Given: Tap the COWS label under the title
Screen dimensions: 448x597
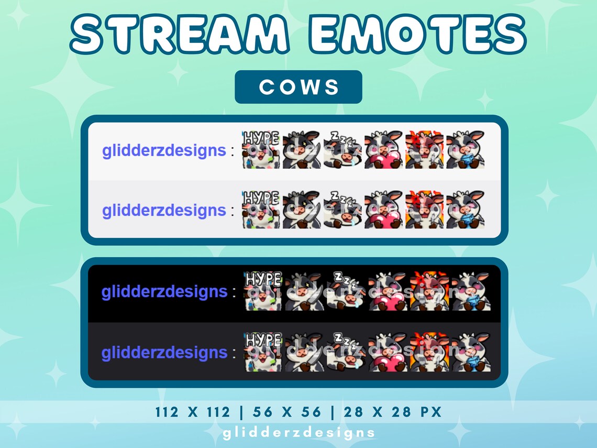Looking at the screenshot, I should [298, 87].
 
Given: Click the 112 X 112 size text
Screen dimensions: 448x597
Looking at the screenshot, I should [192, 412].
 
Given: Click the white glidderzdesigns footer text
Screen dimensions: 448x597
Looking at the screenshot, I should [298, 433].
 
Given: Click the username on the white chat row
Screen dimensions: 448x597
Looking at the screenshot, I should [164, 150].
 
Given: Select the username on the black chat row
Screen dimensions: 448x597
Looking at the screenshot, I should [164, 291].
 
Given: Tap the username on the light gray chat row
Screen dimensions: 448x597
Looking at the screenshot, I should [164, 210].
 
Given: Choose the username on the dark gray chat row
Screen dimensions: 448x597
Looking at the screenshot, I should [164, 352].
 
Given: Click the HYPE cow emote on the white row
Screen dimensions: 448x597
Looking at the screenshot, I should [261, 150].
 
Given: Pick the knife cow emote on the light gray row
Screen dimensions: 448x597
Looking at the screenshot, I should [302, 210].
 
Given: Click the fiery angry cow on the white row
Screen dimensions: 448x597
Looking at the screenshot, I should [424, 150].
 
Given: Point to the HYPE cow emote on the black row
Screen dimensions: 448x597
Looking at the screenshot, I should [263, 291].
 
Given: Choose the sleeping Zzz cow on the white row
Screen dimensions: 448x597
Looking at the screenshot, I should [342, 150].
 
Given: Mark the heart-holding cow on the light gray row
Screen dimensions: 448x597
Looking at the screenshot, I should [383, 210].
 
